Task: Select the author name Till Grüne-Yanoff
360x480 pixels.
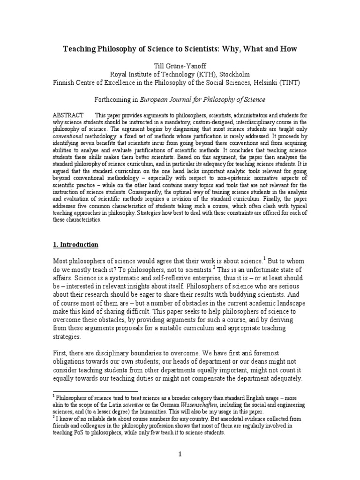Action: coord(180,66)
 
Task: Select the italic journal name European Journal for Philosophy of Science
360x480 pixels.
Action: coord(199,99)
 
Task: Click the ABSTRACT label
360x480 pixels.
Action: coord(69,115)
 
